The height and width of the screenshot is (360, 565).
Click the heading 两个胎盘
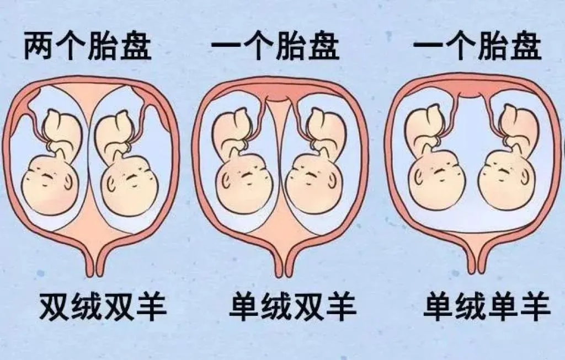pyautogui.click(x=87, y=49)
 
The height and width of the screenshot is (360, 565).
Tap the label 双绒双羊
pyautogui.click(x=103, y=307)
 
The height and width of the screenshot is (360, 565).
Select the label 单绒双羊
pyautogui.click(x=292, y=307)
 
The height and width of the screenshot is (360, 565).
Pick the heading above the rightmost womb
pyautogui.click(x=478, y=49)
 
